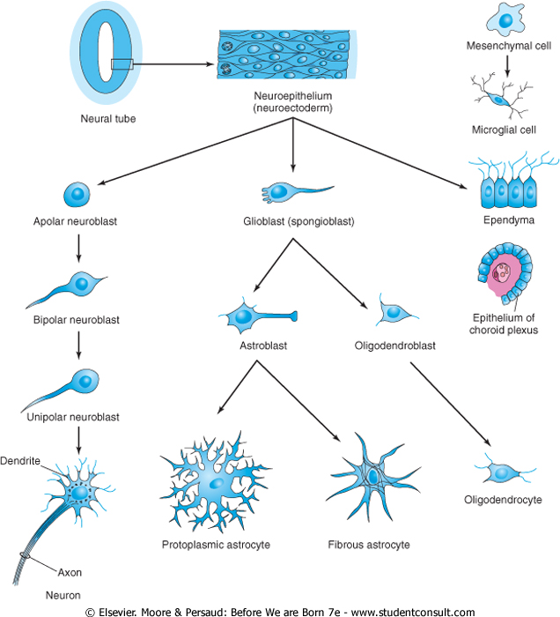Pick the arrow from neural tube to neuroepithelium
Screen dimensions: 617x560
tap(172, 63)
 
